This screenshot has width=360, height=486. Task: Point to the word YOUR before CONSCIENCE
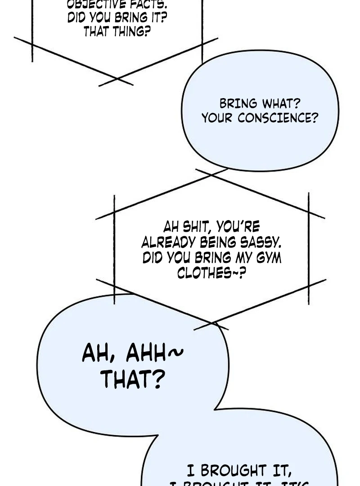click(218, 118)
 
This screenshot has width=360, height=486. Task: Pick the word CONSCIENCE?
click(278, 118)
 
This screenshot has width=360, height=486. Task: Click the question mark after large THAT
click(156, 380)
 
